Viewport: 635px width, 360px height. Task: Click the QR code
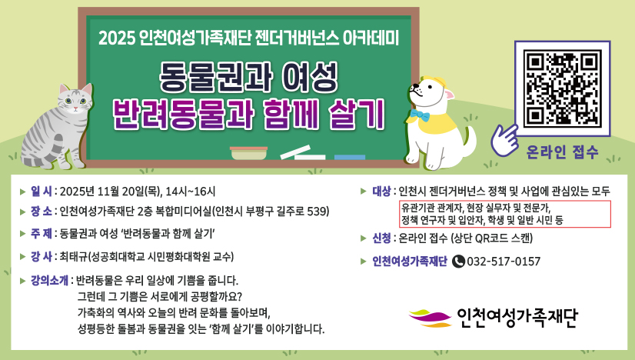[x=562, y=88]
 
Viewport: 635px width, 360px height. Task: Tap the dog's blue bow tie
[x=420, y=115]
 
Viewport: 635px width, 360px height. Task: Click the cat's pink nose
[x=75, y=108]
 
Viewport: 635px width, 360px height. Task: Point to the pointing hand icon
[x=504, y=139]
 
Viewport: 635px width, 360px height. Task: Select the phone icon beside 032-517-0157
[x=458, y=262]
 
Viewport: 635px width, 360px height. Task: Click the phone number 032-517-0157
[x=504, y=262]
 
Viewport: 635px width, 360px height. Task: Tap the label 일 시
[x=42, y=192]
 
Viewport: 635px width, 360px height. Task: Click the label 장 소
[x=42, y=212]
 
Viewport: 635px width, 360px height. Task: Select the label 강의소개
[x=49, y=280]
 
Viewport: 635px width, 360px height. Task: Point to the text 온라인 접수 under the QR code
[x=562, y=152]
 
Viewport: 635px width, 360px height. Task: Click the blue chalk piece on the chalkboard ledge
[x=350, y=157]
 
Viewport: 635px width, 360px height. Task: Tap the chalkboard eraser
[x=248, y=153]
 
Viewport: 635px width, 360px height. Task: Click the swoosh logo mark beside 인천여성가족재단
[x=430, y=318]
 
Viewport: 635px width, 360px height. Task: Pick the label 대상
[x=381, y=192]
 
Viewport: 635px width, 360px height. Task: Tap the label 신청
[x=381, y=238]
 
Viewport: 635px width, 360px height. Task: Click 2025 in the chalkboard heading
[x=116, y=38]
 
